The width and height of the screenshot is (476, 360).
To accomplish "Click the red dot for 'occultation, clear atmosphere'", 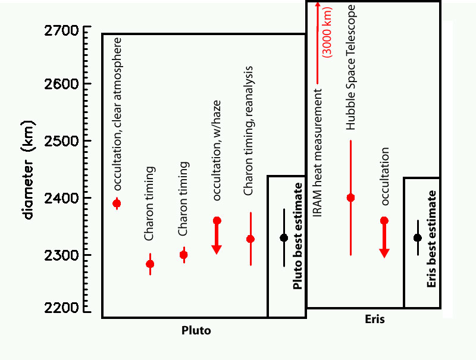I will tap(117, 204).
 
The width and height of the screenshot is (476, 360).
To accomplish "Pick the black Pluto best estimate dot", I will tap(284, 238).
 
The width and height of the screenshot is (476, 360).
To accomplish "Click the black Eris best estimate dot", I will tap(418, 238).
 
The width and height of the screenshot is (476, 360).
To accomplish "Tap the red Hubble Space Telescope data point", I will tap(350, 198).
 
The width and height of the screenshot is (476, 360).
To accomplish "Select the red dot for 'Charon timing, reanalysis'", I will tap(250, 239).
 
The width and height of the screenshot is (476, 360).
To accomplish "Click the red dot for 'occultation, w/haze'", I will tap(217, 221).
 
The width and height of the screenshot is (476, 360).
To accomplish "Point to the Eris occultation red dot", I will tap(384, 221).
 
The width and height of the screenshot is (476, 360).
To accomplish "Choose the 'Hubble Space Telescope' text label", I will tap(351, 67).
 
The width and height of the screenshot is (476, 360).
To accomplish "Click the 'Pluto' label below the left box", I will tap(196, 330).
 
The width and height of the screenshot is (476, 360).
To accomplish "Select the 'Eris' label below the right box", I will tap(374, 320).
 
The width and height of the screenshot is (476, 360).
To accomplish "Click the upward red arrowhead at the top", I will tap(318, 5).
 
